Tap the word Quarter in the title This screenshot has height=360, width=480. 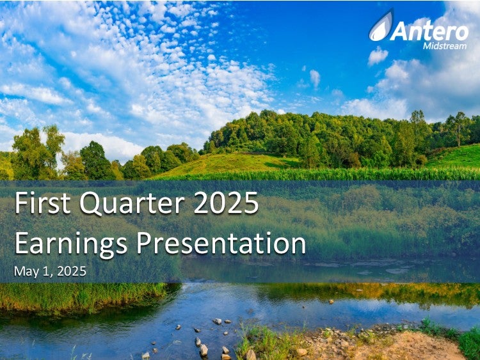click(132, 203)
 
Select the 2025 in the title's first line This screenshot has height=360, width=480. click(226, 203)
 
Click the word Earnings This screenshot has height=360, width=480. click(70, 244)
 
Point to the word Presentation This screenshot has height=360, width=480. click(221, 243)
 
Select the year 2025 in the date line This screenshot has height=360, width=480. click(72, 271)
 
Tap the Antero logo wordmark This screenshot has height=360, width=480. click(429, 31)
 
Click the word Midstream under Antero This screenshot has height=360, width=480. click(445, 46)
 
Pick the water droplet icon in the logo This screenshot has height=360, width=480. click(381, 26)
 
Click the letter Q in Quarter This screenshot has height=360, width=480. click(91, 204)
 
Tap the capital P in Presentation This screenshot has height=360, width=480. click(144, 243)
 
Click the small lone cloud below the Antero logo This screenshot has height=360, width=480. click(378, 56)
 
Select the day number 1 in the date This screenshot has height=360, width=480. click(46, 271)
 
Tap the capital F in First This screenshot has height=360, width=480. click(21, 203)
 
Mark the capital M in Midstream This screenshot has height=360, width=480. click(428, 46)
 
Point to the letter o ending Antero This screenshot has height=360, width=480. click(462, 33)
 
